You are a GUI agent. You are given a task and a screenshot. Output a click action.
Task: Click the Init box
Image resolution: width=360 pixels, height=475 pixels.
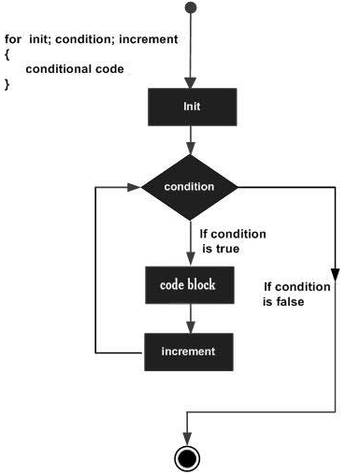(x=191, y=106)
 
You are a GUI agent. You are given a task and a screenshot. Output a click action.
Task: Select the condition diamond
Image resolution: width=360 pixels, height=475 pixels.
(x=190, y=187)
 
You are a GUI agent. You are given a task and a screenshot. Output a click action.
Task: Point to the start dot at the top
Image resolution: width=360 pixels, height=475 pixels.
(x=191, y=8)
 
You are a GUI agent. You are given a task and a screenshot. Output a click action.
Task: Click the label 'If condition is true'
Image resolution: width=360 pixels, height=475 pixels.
(x=234, y=241)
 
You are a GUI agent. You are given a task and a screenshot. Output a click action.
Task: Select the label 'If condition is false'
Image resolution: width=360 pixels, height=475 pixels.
(x=297, y=294)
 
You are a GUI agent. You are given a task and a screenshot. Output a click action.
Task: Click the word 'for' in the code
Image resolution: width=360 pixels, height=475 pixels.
(x=12, y=42)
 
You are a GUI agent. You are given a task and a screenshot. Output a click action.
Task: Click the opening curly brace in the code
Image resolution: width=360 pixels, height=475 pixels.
(x=7, y=56)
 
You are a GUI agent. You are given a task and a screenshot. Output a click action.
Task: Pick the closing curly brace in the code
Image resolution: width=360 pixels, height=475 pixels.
(x=7, y=84)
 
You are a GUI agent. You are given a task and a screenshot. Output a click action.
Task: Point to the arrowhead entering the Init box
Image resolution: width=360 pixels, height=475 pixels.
(x=191, y=82)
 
